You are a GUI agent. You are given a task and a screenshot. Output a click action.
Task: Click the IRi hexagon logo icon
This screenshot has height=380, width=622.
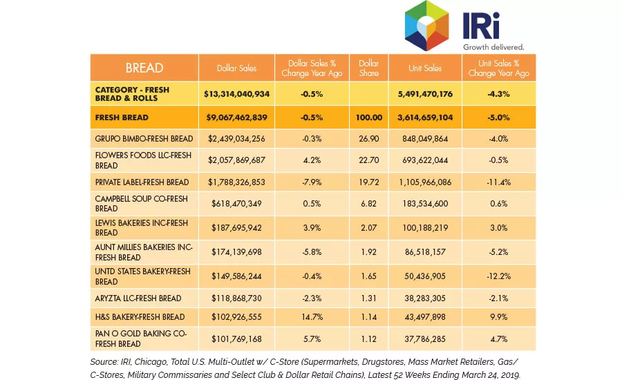426,26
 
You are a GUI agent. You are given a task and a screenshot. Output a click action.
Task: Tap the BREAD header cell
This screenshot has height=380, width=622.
144,68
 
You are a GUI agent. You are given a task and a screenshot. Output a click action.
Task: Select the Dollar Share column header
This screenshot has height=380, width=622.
368,68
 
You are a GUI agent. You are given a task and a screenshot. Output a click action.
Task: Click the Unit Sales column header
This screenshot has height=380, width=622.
425,68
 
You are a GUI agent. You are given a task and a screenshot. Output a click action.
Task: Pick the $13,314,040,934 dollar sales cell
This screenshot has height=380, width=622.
236,94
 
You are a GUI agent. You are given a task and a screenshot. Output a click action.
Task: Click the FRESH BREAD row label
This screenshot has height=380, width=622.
122,117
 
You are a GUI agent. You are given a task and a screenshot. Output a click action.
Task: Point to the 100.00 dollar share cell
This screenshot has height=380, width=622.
369,117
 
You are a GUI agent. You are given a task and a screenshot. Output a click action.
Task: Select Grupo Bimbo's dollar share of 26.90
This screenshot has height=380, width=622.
369,139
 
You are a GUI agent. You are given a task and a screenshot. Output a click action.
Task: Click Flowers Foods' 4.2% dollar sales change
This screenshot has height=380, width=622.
312,160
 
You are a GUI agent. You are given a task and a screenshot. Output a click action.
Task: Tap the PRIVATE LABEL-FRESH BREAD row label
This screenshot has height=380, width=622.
142,182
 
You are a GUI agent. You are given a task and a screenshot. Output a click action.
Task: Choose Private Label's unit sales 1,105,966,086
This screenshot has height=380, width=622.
425,182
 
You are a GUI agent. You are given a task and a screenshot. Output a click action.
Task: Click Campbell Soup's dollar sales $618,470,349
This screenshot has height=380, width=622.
236,204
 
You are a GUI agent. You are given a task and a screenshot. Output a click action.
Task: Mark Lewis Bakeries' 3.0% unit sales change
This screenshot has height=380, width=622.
498,228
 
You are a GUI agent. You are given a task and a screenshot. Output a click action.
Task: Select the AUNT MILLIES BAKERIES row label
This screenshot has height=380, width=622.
144,252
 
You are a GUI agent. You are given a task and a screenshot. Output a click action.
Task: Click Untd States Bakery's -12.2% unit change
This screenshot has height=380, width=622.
498,276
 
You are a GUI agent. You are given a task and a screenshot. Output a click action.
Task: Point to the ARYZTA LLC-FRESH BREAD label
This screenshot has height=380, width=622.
138,298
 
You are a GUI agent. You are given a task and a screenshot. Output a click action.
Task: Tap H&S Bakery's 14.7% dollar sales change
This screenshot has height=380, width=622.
312,317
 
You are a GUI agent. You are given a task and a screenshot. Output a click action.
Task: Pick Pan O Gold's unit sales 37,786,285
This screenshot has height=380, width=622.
425,339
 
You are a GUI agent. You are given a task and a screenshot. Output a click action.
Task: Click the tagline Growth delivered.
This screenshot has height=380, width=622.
493,47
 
